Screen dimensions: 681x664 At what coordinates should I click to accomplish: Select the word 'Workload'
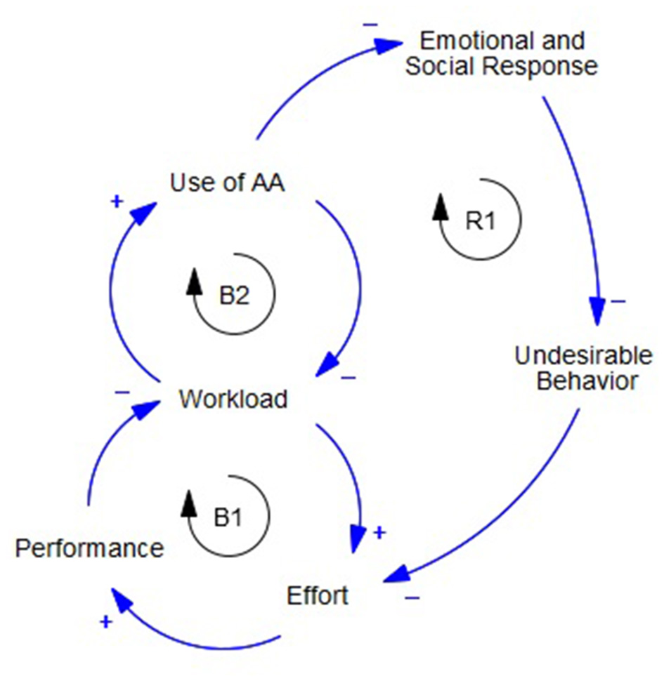(233, 399)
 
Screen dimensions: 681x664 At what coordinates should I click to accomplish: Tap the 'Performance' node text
(89, 548)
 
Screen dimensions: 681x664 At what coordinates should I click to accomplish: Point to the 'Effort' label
(317, 595)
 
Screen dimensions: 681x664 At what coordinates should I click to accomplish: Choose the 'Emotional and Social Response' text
(502, 53)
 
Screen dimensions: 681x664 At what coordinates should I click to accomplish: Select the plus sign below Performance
(105, 621)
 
